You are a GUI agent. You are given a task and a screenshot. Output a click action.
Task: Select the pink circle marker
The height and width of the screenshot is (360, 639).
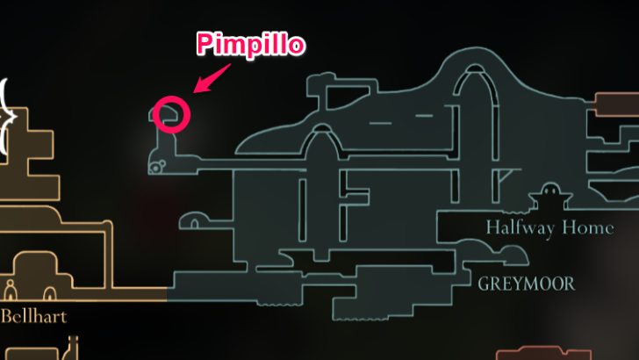172,114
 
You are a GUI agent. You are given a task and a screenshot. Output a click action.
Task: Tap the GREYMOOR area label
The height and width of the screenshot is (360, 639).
527,284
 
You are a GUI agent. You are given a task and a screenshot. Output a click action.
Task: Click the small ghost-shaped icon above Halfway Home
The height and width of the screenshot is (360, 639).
550,192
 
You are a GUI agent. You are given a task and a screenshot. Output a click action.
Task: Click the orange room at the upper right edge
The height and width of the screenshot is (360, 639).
617,104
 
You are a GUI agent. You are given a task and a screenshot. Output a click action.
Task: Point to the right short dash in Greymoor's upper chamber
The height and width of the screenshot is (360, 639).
424,115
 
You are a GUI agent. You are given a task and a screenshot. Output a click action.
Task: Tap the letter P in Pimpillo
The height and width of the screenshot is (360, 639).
204,45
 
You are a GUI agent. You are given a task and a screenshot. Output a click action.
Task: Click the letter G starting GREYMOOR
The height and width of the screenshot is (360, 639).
485,284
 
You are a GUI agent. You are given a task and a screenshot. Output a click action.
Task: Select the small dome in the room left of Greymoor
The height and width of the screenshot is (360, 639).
195,217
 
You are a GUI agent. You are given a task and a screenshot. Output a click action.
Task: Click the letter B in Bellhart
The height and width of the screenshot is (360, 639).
7,314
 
